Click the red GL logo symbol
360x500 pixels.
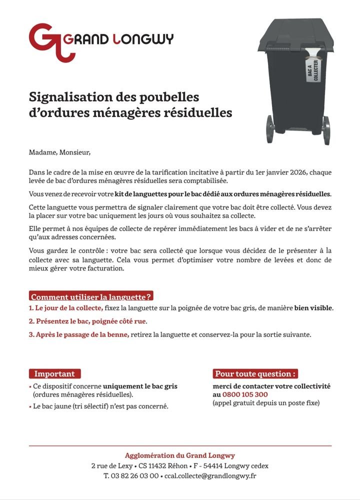(45, 41)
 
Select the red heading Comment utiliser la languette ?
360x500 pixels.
(91, 296)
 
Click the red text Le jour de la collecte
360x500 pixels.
(66, 307)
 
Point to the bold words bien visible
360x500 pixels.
(313, 307)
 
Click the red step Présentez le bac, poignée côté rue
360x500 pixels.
(88, 321)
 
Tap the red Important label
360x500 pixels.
(54, 373)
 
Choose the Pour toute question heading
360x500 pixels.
(255, 373)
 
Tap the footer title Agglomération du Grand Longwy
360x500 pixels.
(180, 455)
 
